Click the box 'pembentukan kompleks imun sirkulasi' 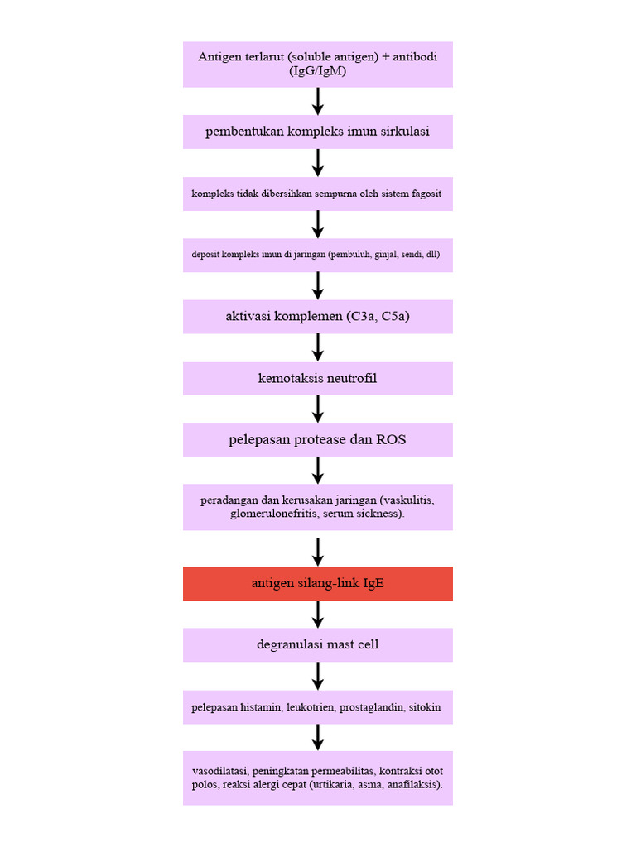coord(317,132)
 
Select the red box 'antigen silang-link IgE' coord(317,583)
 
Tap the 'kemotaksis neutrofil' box coord(317,378)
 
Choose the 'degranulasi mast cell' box coord(317,644)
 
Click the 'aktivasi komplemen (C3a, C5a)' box coord(317,317)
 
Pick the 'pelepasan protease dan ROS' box coord(317,439)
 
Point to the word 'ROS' coord(391,439)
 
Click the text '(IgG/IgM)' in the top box coord(317,71)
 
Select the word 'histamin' coord(261,707)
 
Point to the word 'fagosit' coord(426,194)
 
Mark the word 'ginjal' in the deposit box coord(386,255)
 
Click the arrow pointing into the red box coord(318,552)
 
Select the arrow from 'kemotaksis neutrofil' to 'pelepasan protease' coord(318,409)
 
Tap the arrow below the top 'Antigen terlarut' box coord(318,101)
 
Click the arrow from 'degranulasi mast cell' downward coord(318,676)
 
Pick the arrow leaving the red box coord(318,614)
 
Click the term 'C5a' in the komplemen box coord(393,317)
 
